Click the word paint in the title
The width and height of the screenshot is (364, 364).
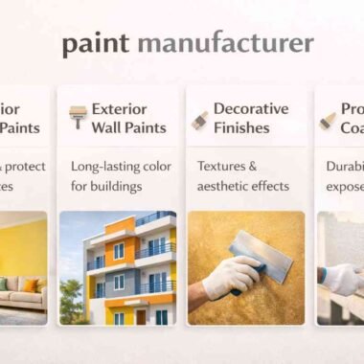coord(96,44)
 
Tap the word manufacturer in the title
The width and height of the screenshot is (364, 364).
coord(225,43)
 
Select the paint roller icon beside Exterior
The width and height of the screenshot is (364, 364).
coord(77,117)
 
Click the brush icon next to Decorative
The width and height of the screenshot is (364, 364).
coord(200,119)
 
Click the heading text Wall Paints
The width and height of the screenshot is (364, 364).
coord(129,127)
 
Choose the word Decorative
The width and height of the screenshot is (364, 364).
coord(251,108)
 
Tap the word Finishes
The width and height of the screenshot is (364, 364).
coord(241,127)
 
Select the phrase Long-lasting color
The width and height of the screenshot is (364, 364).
coord(119,165)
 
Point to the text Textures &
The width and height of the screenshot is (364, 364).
coord(228,165)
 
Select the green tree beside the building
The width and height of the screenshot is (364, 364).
coord(71,292)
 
